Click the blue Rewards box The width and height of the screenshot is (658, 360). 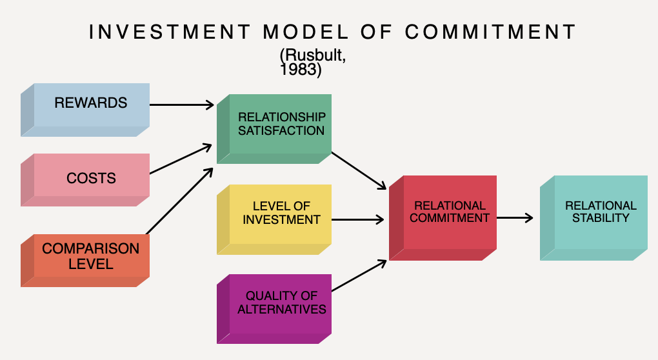point(85,110)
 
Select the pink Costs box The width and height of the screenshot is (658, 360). point(85,180)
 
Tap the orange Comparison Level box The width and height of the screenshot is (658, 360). point(85,261)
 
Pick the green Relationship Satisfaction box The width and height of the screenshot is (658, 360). point(274,129)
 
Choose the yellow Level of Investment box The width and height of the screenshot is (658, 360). point(274,219)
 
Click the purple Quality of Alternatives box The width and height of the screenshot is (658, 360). point(274,309)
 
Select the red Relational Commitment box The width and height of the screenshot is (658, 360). point(443,218)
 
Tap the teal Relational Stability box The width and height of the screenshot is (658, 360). point(593,218)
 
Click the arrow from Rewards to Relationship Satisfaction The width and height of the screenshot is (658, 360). point(182,105)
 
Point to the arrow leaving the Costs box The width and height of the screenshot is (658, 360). point(181,159)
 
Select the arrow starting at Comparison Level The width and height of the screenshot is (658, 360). point(179,201)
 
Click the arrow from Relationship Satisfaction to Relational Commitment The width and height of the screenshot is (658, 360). point(359,171)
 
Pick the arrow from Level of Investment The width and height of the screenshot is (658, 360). point(357,219)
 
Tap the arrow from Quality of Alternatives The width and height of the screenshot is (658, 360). point(359,275)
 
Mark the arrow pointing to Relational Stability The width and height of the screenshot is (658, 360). point(515,218)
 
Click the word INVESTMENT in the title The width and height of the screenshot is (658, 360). point(170,32)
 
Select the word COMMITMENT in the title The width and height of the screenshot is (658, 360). point(490,32)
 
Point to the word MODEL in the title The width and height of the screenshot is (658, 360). point(306,32)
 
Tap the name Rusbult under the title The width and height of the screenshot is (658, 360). point(314,55)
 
